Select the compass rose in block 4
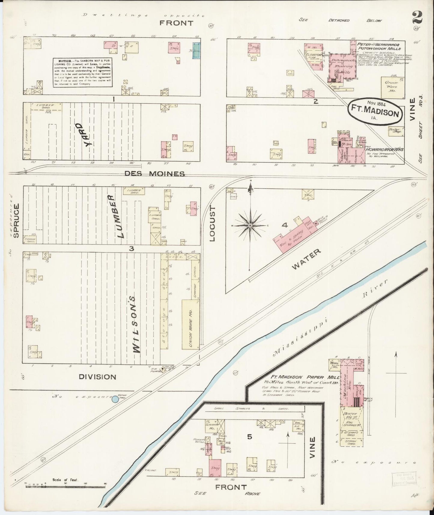coord(250,225)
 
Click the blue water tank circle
coord(115,399)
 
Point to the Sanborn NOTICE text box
coord(83,72)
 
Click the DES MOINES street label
coord(154,174)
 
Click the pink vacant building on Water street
coord(296,235)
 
